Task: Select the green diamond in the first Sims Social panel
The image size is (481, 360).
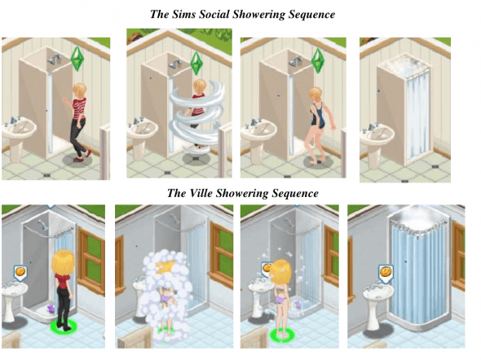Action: point(77,59)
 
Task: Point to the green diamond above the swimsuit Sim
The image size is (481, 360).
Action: point(318,60)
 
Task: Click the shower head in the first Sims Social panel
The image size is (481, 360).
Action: point(54,59)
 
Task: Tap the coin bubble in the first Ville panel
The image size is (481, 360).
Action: point(20,274)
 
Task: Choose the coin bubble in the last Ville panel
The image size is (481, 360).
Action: point(386,274)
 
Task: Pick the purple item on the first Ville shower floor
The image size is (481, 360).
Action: point(50,308)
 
